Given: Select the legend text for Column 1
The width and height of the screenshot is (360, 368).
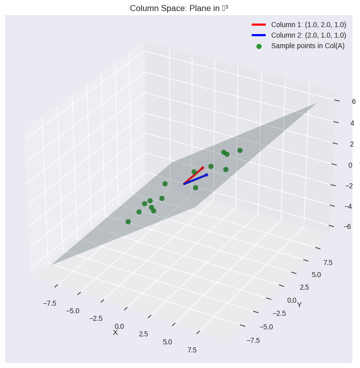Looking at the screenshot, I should tap(308, 25).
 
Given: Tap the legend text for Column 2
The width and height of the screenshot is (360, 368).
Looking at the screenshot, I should tap(308, 35).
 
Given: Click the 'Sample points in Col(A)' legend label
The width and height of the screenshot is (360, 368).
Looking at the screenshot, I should tap(307, 46).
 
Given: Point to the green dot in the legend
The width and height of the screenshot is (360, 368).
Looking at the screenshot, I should tap(259, 46).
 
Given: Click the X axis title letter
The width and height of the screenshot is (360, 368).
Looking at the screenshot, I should tap(115, 332).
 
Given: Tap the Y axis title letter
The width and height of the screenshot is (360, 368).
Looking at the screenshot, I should tap(299, 305).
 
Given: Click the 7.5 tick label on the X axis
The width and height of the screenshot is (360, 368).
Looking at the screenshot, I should tap(192, 350).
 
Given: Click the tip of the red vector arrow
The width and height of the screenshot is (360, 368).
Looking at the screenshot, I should tap(203, 167).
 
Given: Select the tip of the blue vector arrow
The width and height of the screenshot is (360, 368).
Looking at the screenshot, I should tap(207, 175).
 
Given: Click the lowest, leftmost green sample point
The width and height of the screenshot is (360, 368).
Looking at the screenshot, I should tap(128, 221).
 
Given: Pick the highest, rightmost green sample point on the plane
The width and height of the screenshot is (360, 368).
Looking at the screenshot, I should tap(240, 150).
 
